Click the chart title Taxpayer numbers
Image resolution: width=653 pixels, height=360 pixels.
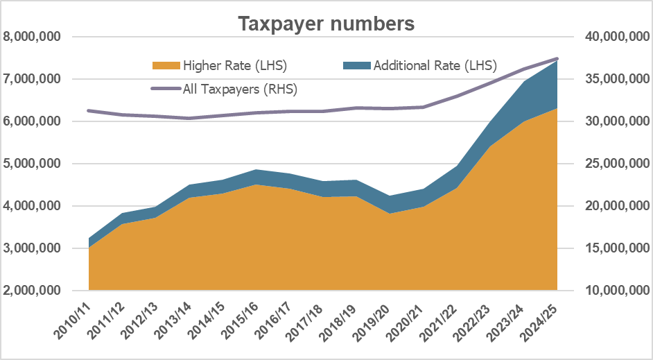tap(326, 24)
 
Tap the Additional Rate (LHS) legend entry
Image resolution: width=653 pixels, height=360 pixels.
tap(435, 66)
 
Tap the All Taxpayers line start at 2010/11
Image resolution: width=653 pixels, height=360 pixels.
tap(89, 110)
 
